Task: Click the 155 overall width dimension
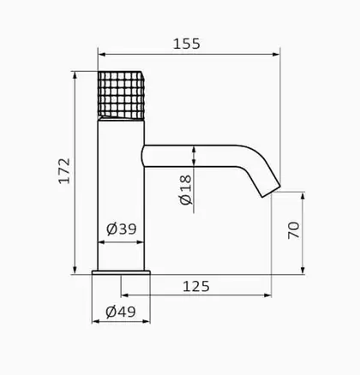187,44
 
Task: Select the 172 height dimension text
64,171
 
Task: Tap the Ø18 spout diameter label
186,190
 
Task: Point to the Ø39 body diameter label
122,229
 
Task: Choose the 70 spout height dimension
294,230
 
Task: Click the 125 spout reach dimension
196,286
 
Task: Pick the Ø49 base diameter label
121,312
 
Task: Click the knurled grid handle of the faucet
121,95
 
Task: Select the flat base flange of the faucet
121,272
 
